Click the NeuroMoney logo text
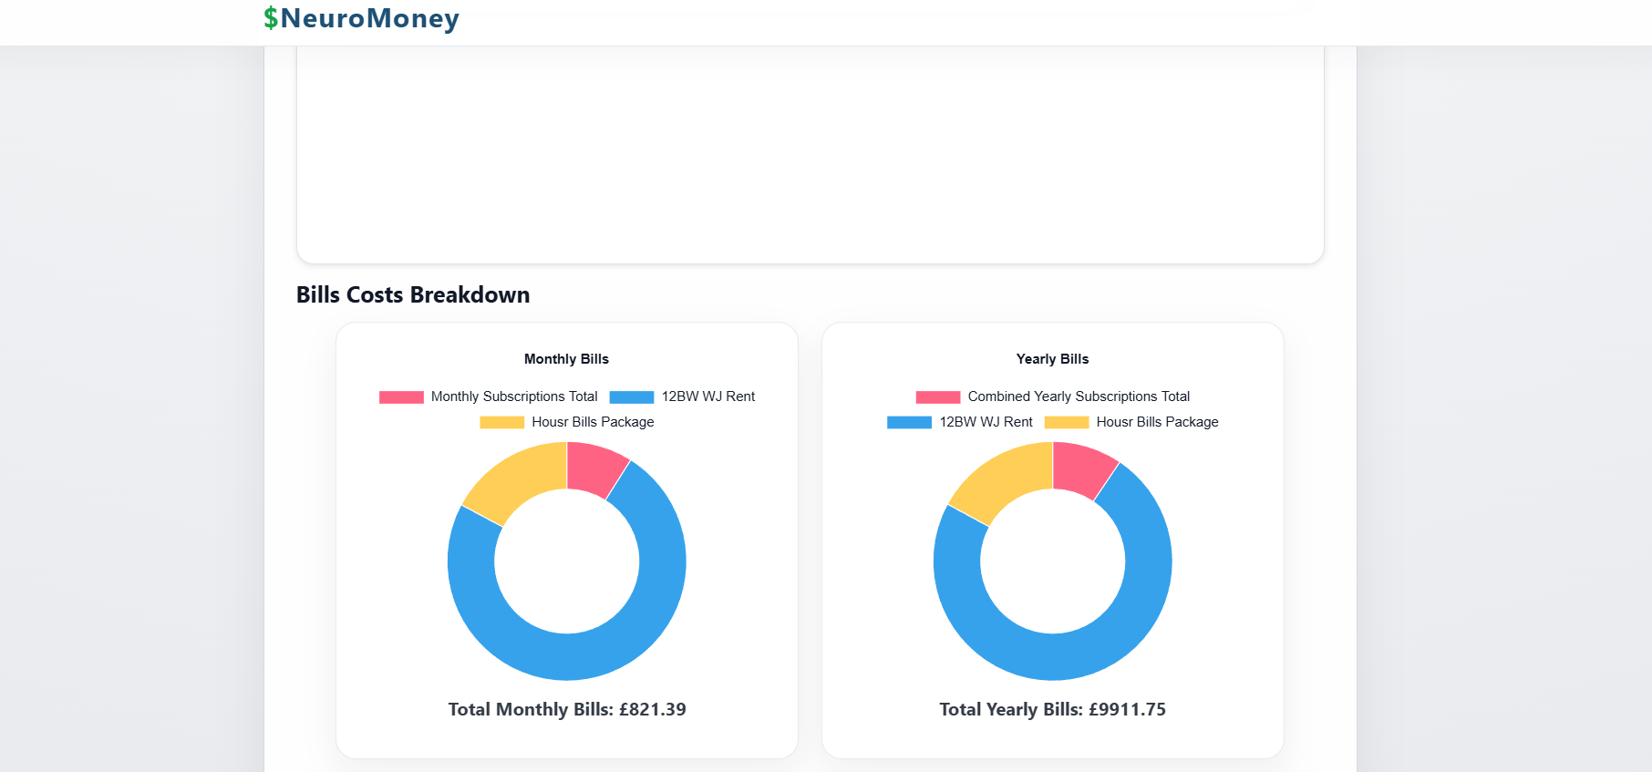(369, 18)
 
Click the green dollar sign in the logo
(271, 18)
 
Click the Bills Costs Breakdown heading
(412, 294)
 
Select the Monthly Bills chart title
(566, 359)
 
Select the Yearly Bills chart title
(1052, 359)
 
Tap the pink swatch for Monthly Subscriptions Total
(401, 396)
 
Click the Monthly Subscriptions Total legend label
(514, 396)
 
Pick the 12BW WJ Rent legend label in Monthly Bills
(708, 396)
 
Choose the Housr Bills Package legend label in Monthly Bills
(593, 422)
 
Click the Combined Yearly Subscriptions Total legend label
(1079, 396)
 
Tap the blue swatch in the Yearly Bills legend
(909, 422)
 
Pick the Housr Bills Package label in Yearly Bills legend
(1157, 422)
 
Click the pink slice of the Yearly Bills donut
(1081, 468)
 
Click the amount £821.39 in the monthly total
(652, 709)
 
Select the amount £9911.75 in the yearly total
(1127, 709)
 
